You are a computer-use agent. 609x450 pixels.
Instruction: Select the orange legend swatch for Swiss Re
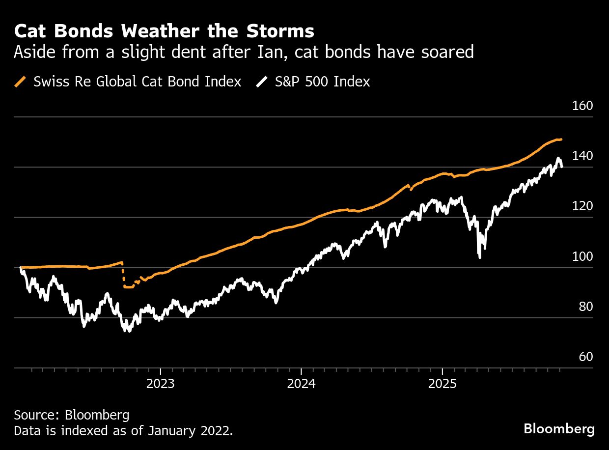pos(21,82)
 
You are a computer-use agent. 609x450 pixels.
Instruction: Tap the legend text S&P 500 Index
pos(322,82)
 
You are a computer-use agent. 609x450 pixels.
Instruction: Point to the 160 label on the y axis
pos(583,106)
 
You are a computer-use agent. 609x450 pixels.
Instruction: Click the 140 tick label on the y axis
pos(583,156)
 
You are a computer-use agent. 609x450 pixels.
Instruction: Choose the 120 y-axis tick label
pos(583,206)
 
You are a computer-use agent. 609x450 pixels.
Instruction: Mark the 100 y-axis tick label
pos(583,256)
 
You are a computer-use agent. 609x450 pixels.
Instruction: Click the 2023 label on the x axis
pos(161,384)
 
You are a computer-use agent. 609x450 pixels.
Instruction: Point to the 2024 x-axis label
pos(301,384)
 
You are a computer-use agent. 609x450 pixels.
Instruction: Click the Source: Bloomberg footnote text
pos(72,415)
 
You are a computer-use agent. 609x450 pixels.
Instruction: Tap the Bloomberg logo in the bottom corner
pos(559,429)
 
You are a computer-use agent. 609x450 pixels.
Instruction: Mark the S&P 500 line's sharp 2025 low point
pos(479,257)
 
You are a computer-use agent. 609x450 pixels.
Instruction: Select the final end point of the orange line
pos(561,140)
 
